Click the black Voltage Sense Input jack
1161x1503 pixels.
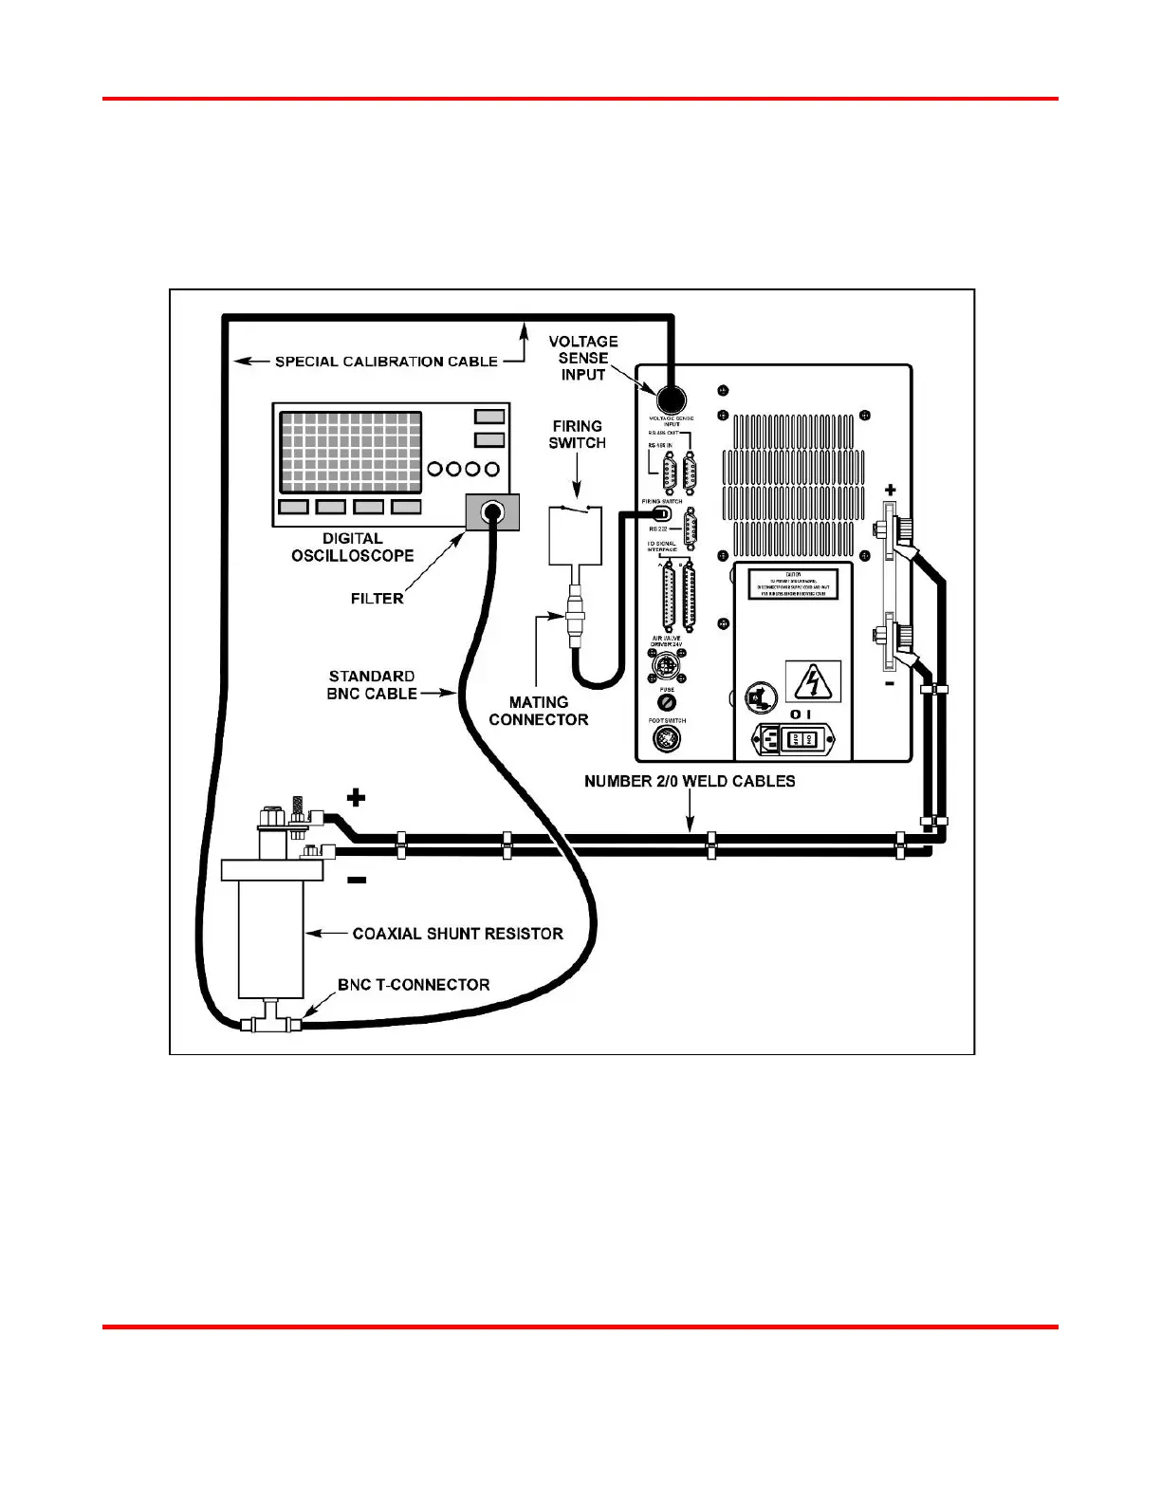pyautogui.click(x=672, y=398)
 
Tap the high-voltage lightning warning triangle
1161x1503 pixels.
pyautogui.click(x=813, y=681)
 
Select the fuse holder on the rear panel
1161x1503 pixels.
pyautogui.click(x=667, y=703)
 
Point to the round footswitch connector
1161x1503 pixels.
pyautogui.click(x=668, y=739)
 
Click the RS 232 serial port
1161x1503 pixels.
pyautogui.click(x=691, y=529)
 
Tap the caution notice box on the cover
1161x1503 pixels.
pyautogui.click(x=793, y=584)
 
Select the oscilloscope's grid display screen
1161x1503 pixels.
pyautogui.click(x=351, y=452)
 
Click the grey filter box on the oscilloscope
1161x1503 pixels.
pyautogui.click(x=491, y=513)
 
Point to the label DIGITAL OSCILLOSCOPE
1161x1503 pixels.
pyautogui.click(x=353, y=547)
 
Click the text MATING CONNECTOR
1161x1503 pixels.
pyautogui.click(x=539, y=711)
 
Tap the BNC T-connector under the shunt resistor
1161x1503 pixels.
pyautogui.click(x=270, y=1023)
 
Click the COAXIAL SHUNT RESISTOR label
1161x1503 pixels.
pyautogui.click(x=457, y=934)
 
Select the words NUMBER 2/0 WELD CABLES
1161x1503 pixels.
pyautogui.click(x=690, y=781)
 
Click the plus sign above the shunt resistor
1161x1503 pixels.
pyautogui.click(x=356, y=796)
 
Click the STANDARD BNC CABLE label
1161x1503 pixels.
pyautogui.click(x=372, y=685)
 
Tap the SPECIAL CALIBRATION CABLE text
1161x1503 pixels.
pyautogui.click(x=386, y=362)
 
